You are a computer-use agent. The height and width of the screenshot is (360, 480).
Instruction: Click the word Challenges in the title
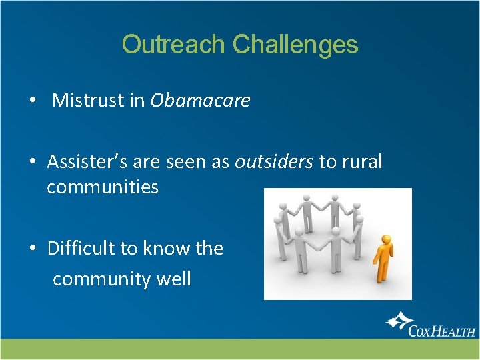[x=295, y=45]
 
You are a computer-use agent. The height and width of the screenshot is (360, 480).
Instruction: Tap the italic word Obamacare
[x=200, y=101]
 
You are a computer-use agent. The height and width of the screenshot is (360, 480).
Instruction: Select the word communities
[x=103, y=187]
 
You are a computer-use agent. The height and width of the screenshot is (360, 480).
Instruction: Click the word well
[x=173, y=279]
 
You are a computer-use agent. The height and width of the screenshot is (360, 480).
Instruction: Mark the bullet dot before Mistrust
[x=31, y=101]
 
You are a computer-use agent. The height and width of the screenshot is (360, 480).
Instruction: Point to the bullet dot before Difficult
[x=31, y=249]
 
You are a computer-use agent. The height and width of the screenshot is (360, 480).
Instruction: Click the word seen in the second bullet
[x=205, y=162]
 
